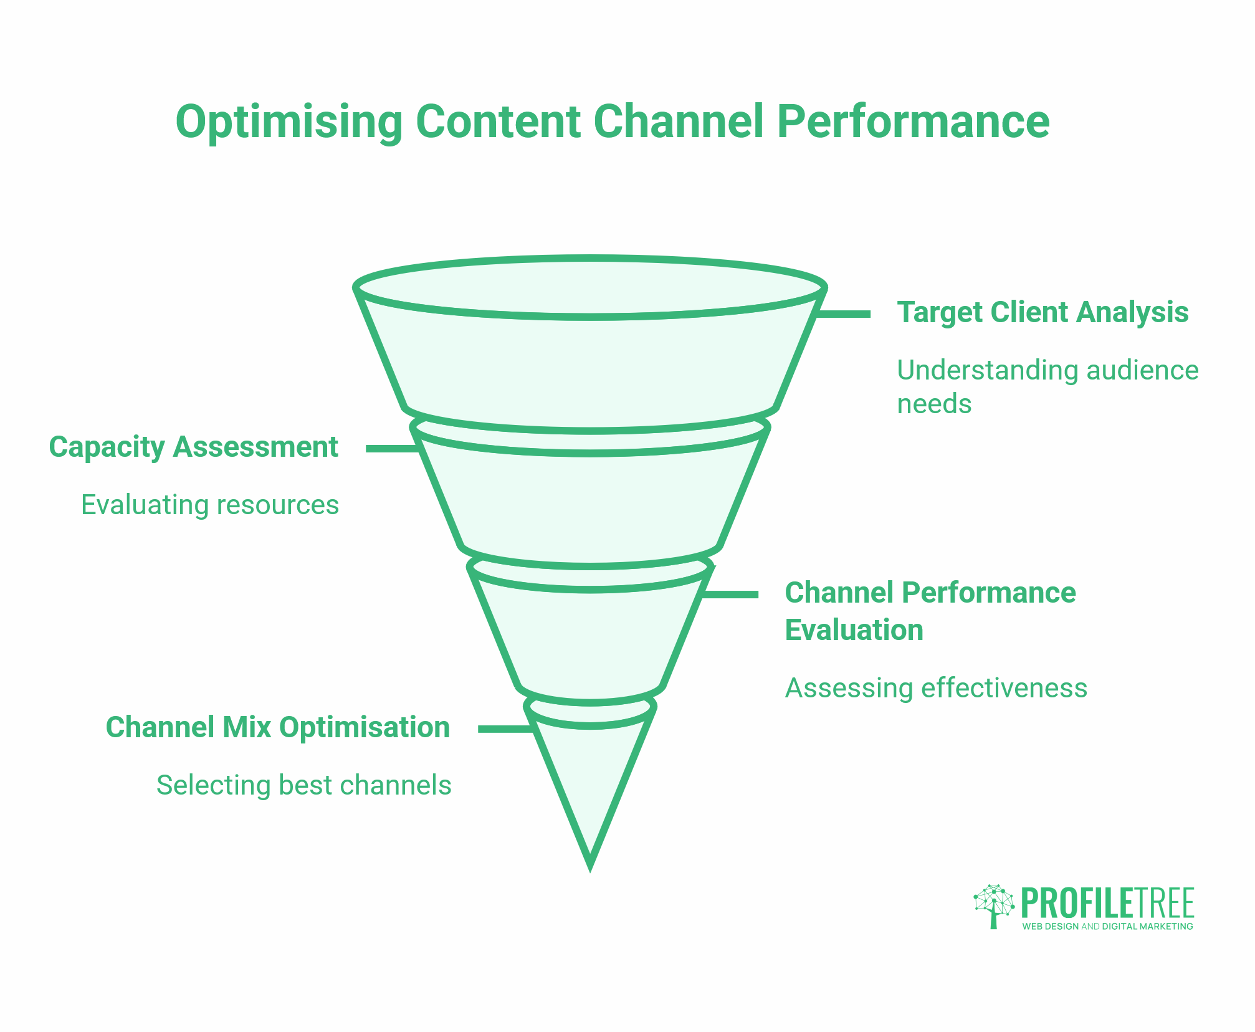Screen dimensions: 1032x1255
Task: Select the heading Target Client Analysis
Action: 1042,312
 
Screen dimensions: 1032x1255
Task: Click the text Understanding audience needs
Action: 1047,386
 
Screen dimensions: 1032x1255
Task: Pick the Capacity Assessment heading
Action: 193,447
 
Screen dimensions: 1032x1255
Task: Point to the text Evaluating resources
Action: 210,504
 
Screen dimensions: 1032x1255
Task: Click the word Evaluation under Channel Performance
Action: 853,629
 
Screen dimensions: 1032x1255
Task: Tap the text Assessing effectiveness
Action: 935,688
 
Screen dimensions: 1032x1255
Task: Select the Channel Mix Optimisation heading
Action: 277,727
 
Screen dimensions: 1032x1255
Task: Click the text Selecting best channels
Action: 303,785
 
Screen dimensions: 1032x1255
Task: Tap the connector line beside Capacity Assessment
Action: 391,448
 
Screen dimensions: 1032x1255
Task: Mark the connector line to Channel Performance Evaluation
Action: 730,595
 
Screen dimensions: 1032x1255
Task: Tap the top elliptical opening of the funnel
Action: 589,287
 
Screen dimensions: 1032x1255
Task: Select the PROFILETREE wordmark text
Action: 1107,903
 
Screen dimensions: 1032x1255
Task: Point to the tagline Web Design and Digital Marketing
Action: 1107,927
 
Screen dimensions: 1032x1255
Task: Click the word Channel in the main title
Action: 678,122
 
